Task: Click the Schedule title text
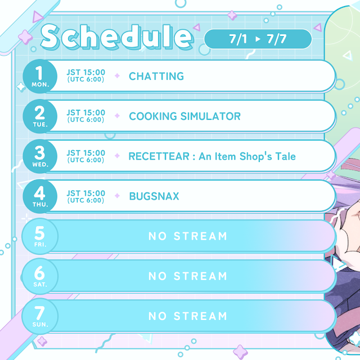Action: [x=116, y=37]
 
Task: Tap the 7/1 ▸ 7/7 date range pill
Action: [x=258, y=39]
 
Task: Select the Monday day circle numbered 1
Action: [x=40, y=76]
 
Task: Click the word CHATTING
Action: [x=156, y=76]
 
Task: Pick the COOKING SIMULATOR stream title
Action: [x=184, y=116]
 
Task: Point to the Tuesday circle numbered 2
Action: [x=40, y=116]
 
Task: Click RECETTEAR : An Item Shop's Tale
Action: [x=212, y=156]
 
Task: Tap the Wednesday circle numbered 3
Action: [x=40, y=156]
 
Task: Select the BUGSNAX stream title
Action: [x=154, y=196]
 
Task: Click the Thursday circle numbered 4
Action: [x=40, y=196]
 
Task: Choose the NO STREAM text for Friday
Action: [x=188, y=236]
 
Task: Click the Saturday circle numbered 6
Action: [x=40, y=276]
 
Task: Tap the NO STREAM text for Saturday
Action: [x=188, y=276]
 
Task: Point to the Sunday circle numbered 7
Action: [x=40, y=316]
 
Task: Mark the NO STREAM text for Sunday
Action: [x=188, y=316]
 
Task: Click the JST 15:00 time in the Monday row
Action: [x=86, y=73]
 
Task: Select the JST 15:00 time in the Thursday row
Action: [x=86, y=193]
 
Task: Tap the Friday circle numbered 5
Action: [x=40, y=236]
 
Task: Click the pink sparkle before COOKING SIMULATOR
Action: [x=117, y=116]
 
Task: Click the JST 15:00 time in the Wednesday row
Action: [x=86, y=153]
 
